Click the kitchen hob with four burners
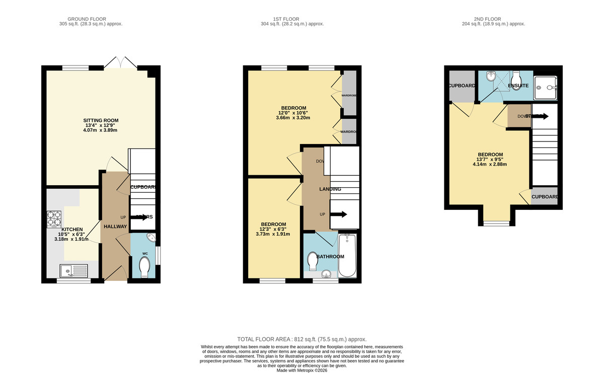coord(54,219)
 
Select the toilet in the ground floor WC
coord(144,267)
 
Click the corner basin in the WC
coord(152,238)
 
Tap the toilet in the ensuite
coord(516,79)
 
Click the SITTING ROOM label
coord(100,120)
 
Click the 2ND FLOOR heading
coord(494,18)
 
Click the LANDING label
coord(330,189)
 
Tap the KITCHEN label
coord(72,229)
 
